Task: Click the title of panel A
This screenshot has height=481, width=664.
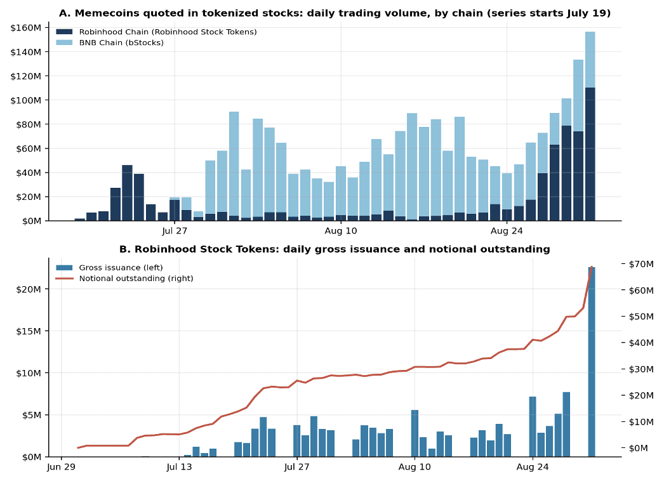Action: (x=335, y=13)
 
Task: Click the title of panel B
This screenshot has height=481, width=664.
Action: (x=335, y=249)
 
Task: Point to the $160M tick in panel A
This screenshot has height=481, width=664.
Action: (x=26, y=28)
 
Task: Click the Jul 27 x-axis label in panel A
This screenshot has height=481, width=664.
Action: (x=175, y=231)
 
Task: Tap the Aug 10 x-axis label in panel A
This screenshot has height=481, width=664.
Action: (x=341, y=231)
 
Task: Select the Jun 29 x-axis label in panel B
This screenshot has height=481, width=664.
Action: (x=61, y=467)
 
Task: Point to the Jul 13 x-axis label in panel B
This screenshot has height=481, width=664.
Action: (x=179, y=467)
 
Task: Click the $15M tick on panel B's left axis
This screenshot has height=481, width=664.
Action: (x=29, y=331)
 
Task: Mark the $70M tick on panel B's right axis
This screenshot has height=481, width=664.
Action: (x=641, y=264)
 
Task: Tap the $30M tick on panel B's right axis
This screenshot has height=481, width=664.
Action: (x=641, y=369)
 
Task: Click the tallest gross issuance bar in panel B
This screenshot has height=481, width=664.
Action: (x=592, y=362)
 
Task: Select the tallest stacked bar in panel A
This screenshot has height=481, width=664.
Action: (x=590, y=126)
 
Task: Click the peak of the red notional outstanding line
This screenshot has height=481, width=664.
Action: (x=592, y=267)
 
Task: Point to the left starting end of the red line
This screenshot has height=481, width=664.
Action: (x=78, y=447)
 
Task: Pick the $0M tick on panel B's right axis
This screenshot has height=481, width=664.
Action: (x=638, y=448)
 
